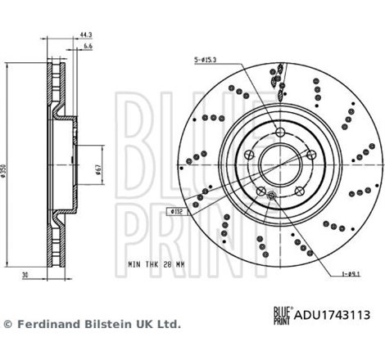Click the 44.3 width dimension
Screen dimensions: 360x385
(85, 35)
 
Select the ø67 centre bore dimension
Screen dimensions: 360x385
(97, 170)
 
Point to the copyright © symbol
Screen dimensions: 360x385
(8, 324)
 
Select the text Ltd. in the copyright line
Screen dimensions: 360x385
(168, 324)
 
